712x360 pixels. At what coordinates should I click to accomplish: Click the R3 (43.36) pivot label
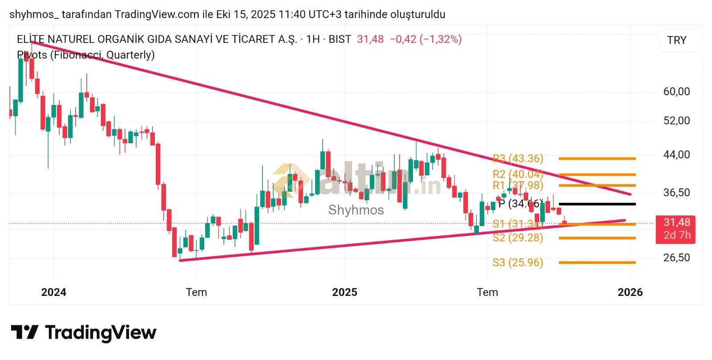(x=518, y=158)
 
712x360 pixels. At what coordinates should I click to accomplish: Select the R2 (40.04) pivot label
(x=518, y=174)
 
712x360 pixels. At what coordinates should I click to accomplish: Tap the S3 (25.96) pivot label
(x=518, y=263)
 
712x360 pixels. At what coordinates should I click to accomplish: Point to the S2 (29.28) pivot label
(x=518, y=238)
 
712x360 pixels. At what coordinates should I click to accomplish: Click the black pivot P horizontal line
(x=597, y=204)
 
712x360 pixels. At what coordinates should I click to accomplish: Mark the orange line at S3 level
(x=597, y=263)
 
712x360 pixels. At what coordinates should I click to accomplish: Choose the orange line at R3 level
(x=597, y=158)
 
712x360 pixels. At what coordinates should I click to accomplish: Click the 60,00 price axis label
(x=676, y=92)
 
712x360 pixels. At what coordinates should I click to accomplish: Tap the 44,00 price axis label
(x=676, y=155)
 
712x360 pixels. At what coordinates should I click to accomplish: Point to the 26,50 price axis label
(x=676, y=258)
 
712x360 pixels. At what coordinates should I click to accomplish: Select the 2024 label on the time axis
(x=53, y=292)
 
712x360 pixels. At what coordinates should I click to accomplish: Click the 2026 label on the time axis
(x=630, y=292)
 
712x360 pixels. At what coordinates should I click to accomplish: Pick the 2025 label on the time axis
(x=344, y=292)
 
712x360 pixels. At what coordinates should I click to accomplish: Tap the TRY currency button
(x=677, y=40)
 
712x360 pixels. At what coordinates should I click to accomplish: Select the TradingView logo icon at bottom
(x=24, y=332)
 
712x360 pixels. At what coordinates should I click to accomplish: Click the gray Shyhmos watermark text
(x=356, y=210)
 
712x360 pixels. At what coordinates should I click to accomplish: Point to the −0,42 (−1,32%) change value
(x=425, y=39)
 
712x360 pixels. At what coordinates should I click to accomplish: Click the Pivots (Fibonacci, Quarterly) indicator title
(x=86, y=55)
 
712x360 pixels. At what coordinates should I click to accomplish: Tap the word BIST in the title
(x=340, y=39)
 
